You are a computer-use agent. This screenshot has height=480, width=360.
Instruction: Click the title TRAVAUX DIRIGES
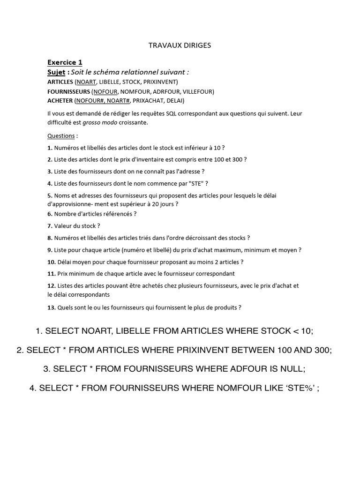pyautogui.click(x=180, y=45)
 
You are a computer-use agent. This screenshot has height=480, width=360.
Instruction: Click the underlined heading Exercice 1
pyautogui.click(x=65, y=62)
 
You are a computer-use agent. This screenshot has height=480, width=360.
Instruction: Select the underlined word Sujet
pyautogui.click(x=56, y=72)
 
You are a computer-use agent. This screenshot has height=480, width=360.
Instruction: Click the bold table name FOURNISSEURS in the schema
pyautogui.click(x=68, y=91)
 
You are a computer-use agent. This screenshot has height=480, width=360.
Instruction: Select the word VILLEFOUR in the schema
pyautogui.click(x=198, y=91)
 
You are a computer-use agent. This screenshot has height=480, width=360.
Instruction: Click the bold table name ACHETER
pyautogui.click(x=60, y=101)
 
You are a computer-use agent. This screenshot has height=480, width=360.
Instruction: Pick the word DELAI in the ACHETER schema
pyautogui.click(x=174, y=101)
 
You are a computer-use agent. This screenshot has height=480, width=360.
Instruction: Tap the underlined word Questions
pyautogui.click(x=61, y=136)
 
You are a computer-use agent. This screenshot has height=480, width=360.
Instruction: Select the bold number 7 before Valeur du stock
pyautogui.click(x=49, y=226)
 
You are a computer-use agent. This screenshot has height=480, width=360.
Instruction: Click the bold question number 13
pyautogui.click(x=51, y=308)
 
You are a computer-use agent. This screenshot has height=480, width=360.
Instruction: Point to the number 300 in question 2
pyautogui.click(x=238, y=159)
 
